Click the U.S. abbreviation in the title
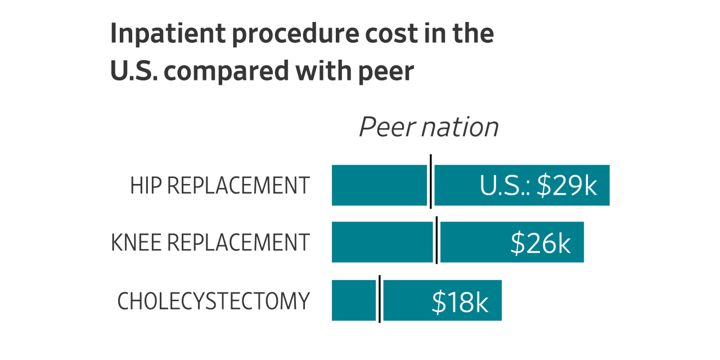pos(132,71)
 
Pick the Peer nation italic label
pos(429,127)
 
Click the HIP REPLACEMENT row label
pos(220,186)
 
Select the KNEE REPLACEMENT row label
pos(210,242)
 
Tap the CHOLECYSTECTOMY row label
pos(214,301)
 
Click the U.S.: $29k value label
pos(538,186)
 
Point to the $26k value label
pos(541,243)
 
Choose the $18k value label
pos(460,302)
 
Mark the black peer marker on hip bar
pos(431,182)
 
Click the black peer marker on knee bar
pos(436,240)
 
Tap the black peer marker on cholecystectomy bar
pos(380,299)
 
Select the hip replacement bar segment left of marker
pos(379,185)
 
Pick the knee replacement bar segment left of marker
pos(382,242)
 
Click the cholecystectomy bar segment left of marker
pos(353,300)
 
